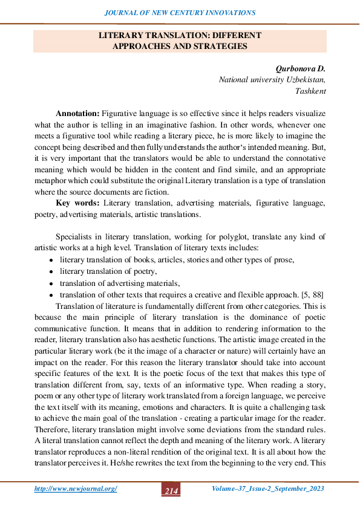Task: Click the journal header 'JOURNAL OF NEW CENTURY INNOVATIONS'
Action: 180,13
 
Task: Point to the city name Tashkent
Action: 310,91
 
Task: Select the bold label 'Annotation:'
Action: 77,114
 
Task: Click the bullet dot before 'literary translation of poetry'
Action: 51,271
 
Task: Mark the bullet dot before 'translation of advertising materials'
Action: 51,283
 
